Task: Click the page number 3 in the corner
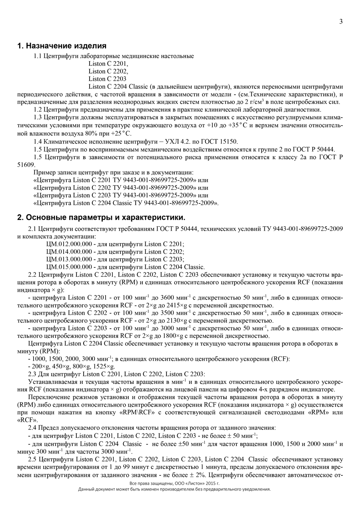point(341,22)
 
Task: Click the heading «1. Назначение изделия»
point(62,46)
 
